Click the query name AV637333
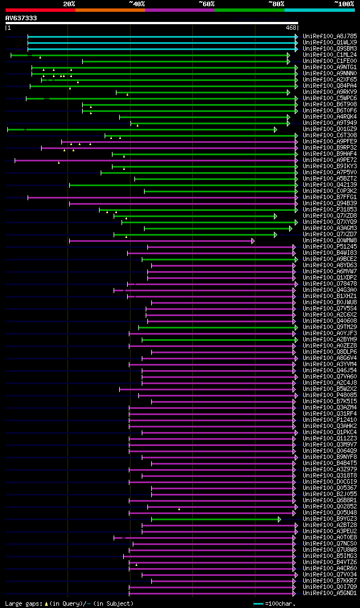[21, 18]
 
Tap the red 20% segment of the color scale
[40, 10]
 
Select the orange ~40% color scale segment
[110, 10]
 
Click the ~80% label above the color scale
[276, 4]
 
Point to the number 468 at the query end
[291, 28]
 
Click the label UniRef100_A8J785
[330, 37]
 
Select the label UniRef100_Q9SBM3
[330, 49]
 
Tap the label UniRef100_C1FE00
[330, 61]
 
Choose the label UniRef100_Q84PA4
[330, 86]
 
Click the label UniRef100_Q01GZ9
[330, 129]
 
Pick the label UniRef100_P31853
[330, 210]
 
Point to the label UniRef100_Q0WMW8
[330, 241]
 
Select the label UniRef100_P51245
[330, 247]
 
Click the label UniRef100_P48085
[330, 395]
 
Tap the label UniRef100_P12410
[330, 420]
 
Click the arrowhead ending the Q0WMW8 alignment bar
[253, 241]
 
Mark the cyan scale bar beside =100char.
[258, 604]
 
